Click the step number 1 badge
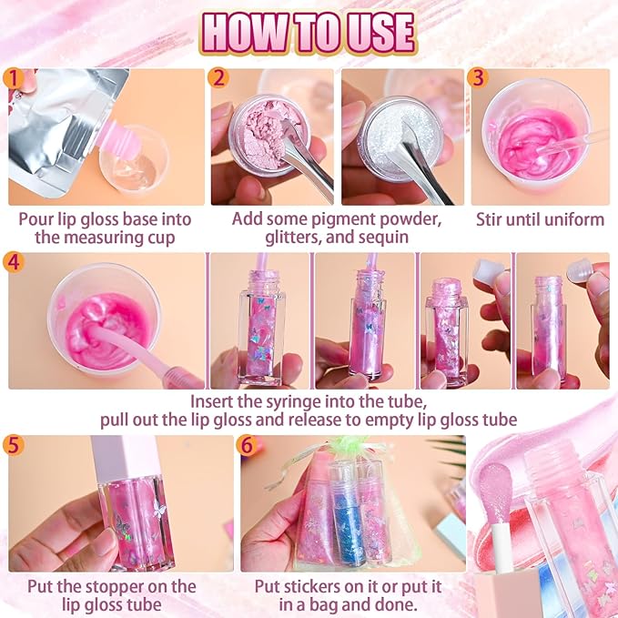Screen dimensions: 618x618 [x=14, y=78]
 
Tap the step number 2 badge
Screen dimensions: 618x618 [x=218, y=78]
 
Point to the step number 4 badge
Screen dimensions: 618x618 [x=14, y=262]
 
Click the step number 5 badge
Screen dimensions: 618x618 [x=14, y=445]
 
